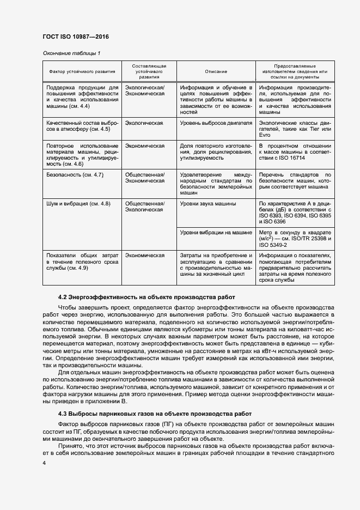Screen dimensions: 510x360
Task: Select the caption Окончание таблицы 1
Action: [x=72, y=53]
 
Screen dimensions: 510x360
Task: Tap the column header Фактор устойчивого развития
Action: [x=82, y=71]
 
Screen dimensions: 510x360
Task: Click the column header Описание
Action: [x=216, y=71]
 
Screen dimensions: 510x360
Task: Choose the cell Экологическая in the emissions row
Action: [x=144, y=123]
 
